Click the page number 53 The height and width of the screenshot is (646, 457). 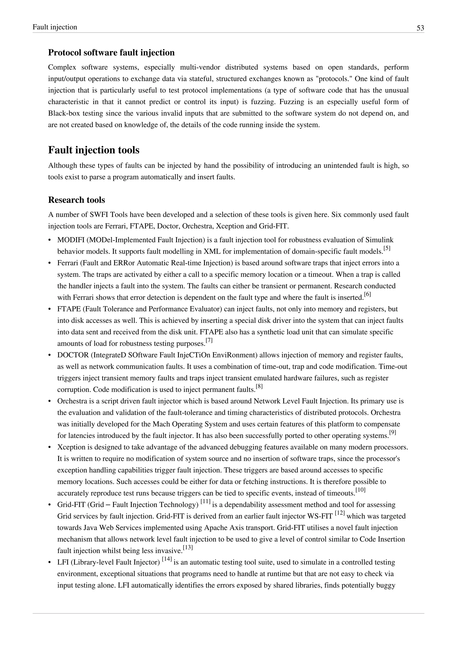tap(420, 28)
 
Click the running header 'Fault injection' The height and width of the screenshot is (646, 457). tap(55, 27)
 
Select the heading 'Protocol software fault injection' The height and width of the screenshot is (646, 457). tap(111, 53)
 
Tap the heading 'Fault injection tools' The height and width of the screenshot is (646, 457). tap(94, 150)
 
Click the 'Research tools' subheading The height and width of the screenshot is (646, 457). tap(77, 200)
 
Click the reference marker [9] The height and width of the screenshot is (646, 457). tap(393, 433)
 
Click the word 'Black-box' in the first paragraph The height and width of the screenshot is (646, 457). tap(61, 113)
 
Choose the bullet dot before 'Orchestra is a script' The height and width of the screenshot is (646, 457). tap(50, 401)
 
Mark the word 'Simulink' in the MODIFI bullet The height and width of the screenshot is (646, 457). tap(379, 240)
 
